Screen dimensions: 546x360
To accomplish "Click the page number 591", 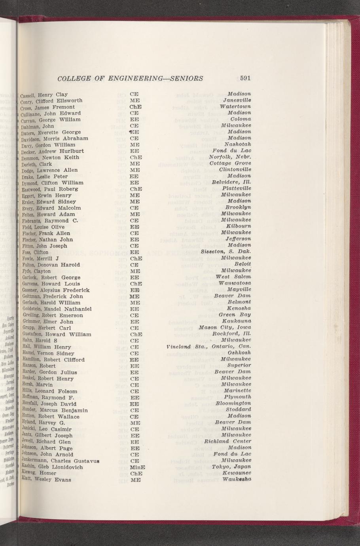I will point(245,78).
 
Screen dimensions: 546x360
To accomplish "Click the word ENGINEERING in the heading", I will point(136,78).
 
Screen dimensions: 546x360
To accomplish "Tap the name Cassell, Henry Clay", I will point(44,95).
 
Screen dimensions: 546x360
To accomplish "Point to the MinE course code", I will point(137,467).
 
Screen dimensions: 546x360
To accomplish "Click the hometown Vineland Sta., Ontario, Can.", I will point(209,347).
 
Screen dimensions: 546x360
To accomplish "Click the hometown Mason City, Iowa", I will point(225,328).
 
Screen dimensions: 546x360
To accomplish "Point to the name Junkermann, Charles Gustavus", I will point(59,461).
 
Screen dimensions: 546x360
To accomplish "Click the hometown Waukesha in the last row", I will point(237,480).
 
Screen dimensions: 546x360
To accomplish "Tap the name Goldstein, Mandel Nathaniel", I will point(56,309).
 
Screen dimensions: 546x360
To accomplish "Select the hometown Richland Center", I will point(227,442).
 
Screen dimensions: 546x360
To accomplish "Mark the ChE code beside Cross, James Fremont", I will point(136,107).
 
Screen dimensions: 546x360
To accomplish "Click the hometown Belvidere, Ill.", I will point(231,182).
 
